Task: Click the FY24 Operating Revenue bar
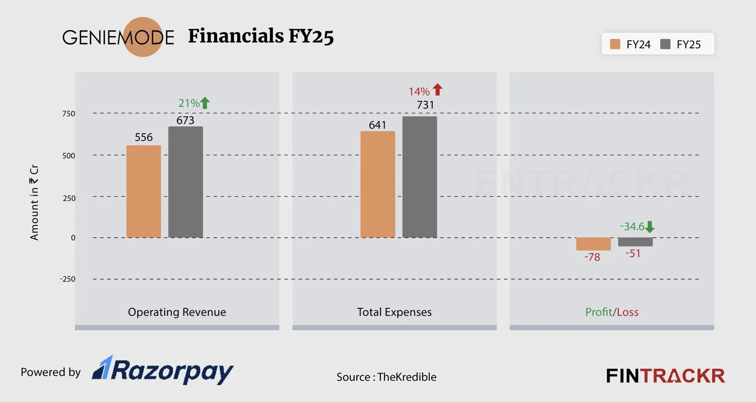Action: tap(144, 192)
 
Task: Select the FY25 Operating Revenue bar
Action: tap(186, 182)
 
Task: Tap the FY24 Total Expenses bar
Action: tap(378, 184)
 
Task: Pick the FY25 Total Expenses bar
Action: tap(420, 177)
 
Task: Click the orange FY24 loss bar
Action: tap(593, 244)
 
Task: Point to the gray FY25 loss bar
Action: tap(635, 242)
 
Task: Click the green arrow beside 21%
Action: tap(205, 103)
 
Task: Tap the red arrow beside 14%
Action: tap(438, 89)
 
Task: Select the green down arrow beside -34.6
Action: tap(650, 227)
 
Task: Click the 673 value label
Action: tap(185, 120)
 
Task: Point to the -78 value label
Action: tap(592, 257)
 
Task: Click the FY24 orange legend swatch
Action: tap(615, 44)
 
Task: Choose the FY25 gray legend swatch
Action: tap(665, 44)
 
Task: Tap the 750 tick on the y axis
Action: tap(69, 114)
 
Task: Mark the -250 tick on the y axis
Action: tap(68, 279)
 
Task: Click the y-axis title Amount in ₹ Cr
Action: tap(34, 202)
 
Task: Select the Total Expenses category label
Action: tap(394, 312)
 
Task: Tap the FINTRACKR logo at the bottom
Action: tap(665, 376)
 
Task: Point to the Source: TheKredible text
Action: tap(386, 377)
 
